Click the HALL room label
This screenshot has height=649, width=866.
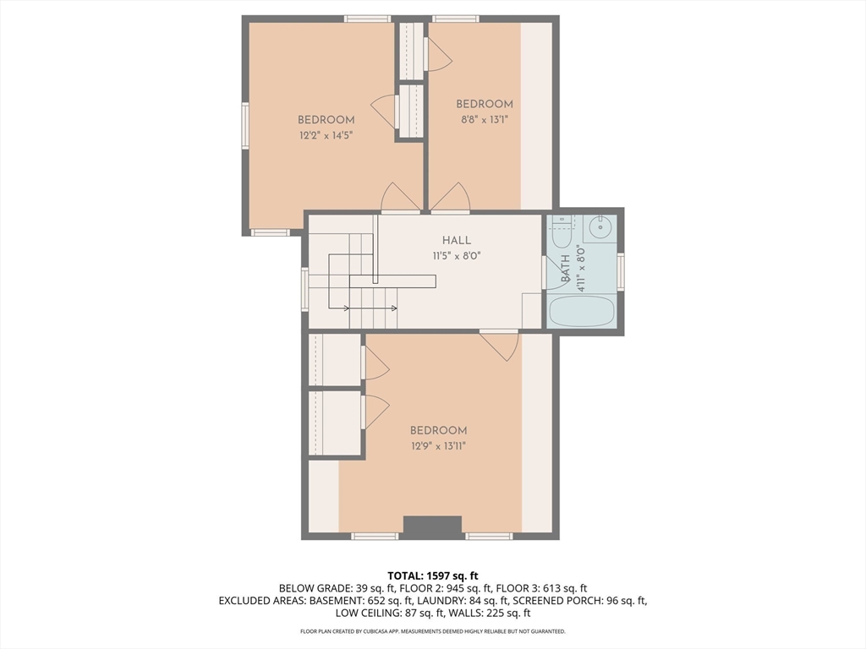(456, 240)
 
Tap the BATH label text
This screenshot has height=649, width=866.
(566, 268)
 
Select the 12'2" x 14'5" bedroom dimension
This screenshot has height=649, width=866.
(326, 135)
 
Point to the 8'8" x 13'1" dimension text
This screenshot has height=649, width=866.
(485, 119)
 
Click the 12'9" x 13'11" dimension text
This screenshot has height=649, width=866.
(439, 446)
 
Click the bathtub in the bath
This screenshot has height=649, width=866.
(581, 311)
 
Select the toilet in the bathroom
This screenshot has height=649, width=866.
(562, 234)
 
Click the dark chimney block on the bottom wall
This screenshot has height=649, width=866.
(432, 527)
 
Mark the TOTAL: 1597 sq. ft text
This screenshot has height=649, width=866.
(432, 576)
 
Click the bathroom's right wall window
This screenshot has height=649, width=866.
(621, 271)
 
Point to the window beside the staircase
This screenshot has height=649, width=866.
(304, 289)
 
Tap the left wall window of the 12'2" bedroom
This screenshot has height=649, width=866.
(245, 125)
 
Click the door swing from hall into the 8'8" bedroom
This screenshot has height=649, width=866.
(450, 198)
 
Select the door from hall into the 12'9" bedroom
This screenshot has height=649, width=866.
(499, 346)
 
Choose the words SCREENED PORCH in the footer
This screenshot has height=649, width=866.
(558, 601)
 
